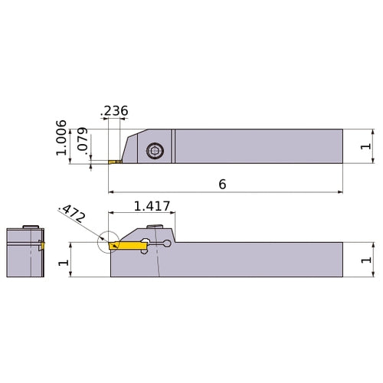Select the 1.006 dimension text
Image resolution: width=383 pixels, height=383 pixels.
(62, 138)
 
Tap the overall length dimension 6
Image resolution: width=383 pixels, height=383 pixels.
(223, 184)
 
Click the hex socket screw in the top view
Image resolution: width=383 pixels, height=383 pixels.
(153, 152)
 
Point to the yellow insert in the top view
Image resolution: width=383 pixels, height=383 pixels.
(115, 162)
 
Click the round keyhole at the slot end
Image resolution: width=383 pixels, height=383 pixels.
(168, 244)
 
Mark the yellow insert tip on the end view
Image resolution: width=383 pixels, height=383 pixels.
(43, 246)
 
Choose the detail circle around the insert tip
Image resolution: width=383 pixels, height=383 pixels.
(108, 243)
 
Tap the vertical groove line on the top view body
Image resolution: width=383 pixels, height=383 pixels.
(174, 145)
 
